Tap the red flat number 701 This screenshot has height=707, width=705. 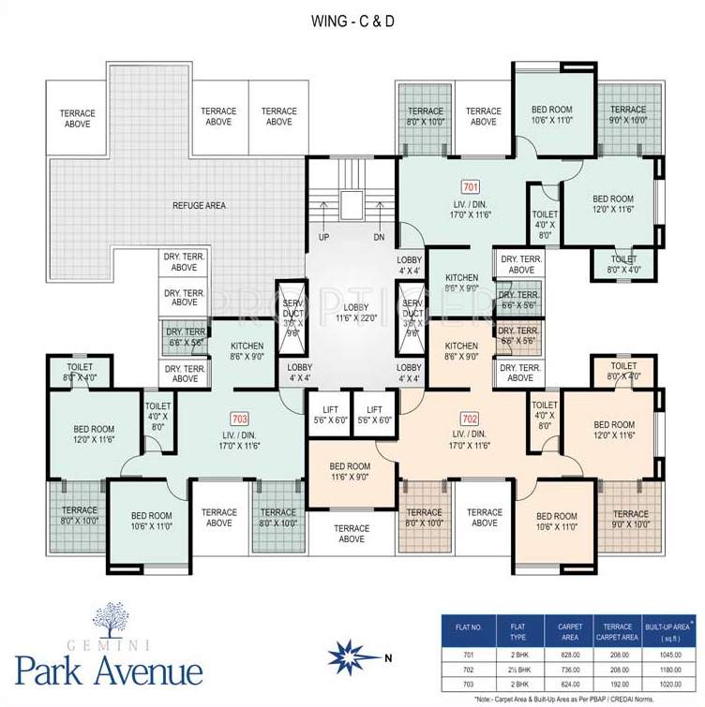471,187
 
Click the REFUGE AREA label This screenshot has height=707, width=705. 198,205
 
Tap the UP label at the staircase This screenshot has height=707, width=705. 323,237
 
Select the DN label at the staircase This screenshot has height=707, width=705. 379,237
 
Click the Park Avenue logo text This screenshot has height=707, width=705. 109,670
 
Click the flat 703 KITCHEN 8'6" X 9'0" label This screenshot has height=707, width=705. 247,350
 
